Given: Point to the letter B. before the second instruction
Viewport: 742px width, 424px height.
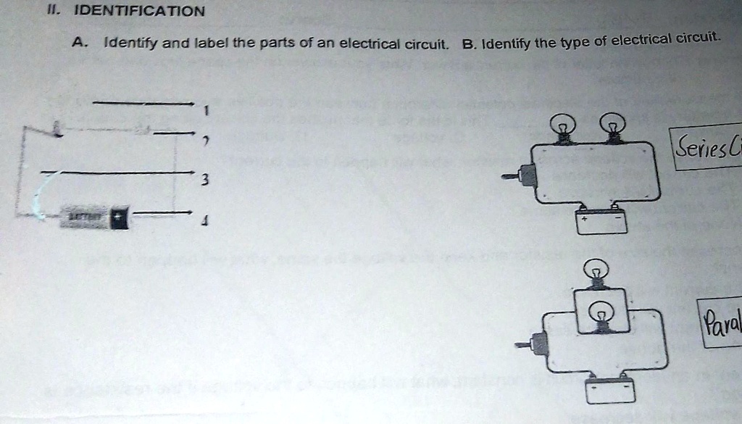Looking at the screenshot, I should [469, 43].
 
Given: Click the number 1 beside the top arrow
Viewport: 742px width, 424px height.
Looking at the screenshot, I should [206, 112].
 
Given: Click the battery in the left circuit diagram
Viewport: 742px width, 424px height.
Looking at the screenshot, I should [94, 217].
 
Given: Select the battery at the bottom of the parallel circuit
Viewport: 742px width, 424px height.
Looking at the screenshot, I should [611, 389].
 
